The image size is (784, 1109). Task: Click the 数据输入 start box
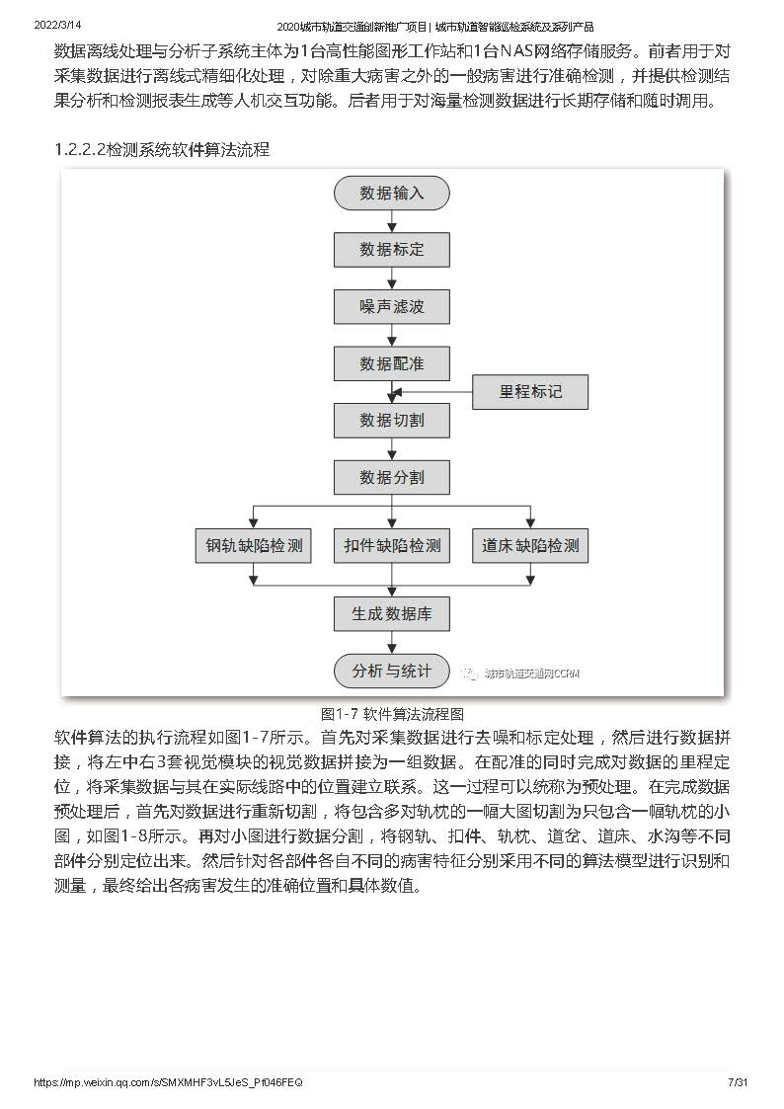pos(392,194)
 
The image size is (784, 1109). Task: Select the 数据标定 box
pos(392,250)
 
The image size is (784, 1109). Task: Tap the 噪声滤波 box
pos(392,306)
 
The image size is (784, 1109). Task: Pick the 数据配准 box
pos(392,363)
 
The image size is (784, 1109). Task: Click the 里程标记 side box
pos(530,392)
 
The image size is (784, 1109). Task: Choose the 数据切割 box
pos(392,420)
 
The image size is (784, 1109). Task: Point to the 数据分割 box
pos(392,477)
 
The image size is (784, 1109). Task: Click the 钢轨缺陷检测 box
pos(253,545)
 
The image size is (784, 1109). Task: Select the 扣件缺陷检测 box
pos(392,545)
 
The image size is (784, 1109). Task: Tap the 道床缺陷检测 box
pos(530,545)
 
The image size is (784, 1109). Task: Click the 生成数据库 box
pos(392,614)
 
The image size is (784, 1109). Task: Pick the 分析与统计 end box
pos(392,671)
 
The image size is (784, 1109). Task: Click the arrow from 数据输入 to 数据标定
pos(392,221)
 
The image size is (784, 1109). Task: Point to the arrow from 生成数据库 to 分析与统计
pos(392,642)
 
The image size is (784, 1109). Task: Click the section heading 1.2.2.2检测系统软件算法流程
pos(162,150)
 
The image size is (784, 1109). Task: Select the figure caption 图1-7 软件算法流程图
pos(392,714)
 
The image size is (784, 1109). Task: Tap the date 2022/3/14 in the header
pos(58,25)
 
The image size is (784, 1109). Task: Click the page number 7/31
pos(738,1082)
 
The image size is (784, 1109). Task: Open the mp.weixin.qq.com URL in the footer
pos(168,1083)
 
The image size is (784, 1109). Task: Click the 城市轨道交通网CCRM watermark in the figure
pos(521,673)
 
